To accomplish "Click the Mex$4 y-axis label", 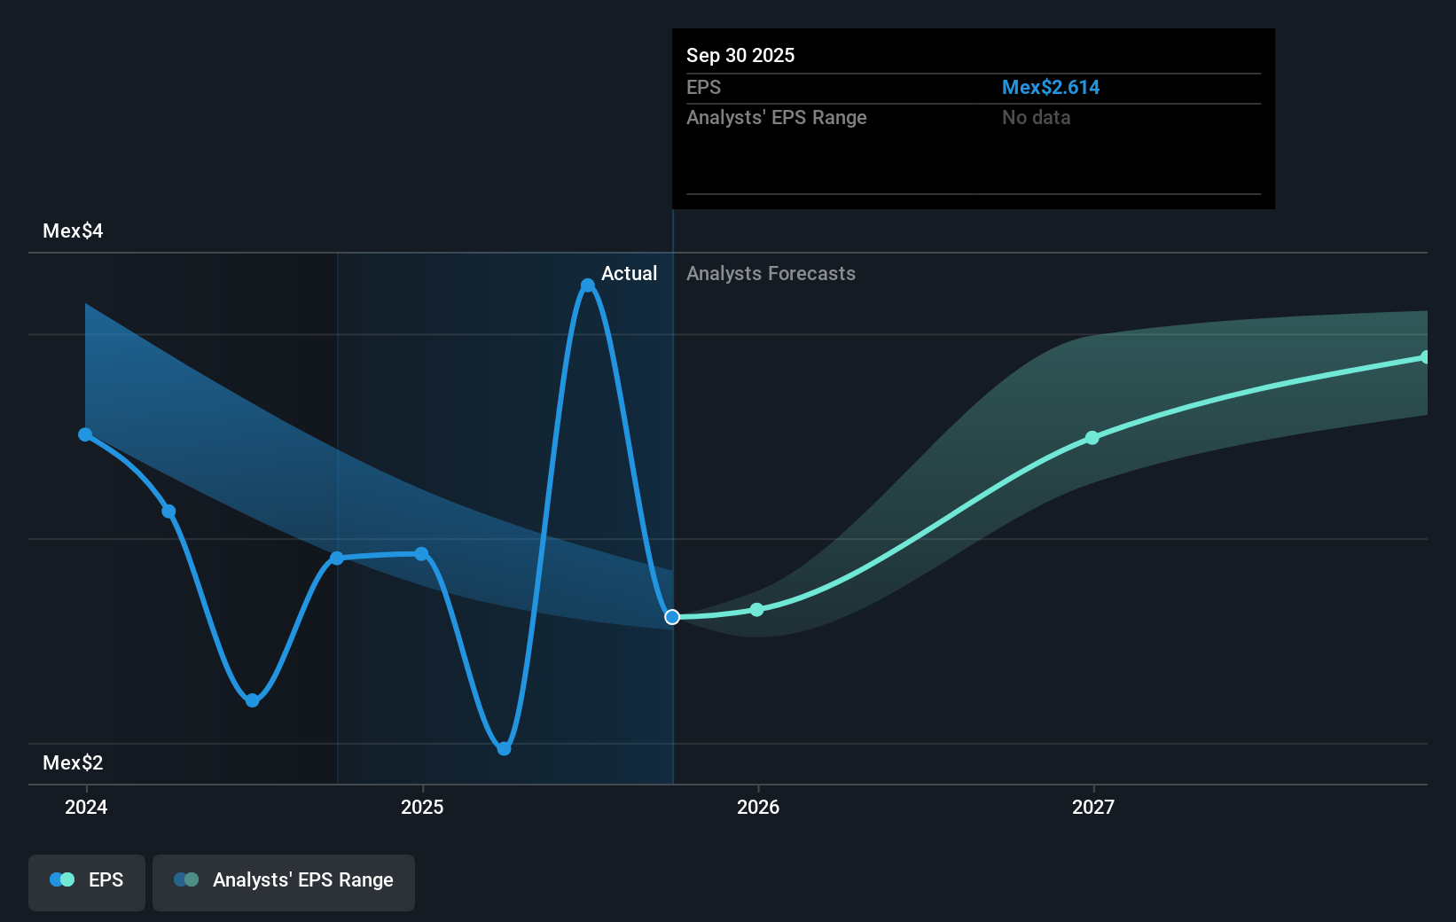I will point(73,231).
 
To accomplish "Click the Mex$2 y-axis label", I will point(73,763).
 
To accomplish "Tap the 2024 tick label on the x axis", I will point(86,807).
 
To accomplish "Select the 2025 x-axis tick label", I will point(422,807).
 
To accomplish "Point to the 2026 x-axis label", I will point(758,807).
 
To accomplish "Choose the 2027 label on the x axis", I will point(1093,807).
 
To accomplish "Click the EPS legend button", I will point(87,880).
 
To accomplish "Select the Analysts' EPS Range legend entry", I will point(284,880).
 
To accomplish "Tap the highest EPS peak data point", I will point(588,285).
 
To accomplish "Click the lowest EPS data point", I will point(504,749).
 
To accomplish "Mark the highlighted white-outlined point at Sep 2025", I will point(672,617).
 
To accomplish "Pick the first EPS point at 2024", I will point(85,434).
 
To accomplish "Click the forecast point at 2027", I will point(1092,438).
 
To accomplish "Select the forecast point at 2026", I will point(756,610).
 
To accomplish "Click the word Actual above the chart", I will point(629,274).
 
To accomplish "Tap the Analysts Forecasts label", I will point(771,274).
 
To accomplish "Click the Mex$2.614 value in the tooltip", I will point(1050,88).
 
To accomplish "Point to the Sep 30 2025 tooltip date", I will point(740,56).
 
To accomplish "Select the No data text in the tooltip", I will point(1036,118).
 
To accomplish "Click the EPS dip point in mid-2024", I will point(253,700).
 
